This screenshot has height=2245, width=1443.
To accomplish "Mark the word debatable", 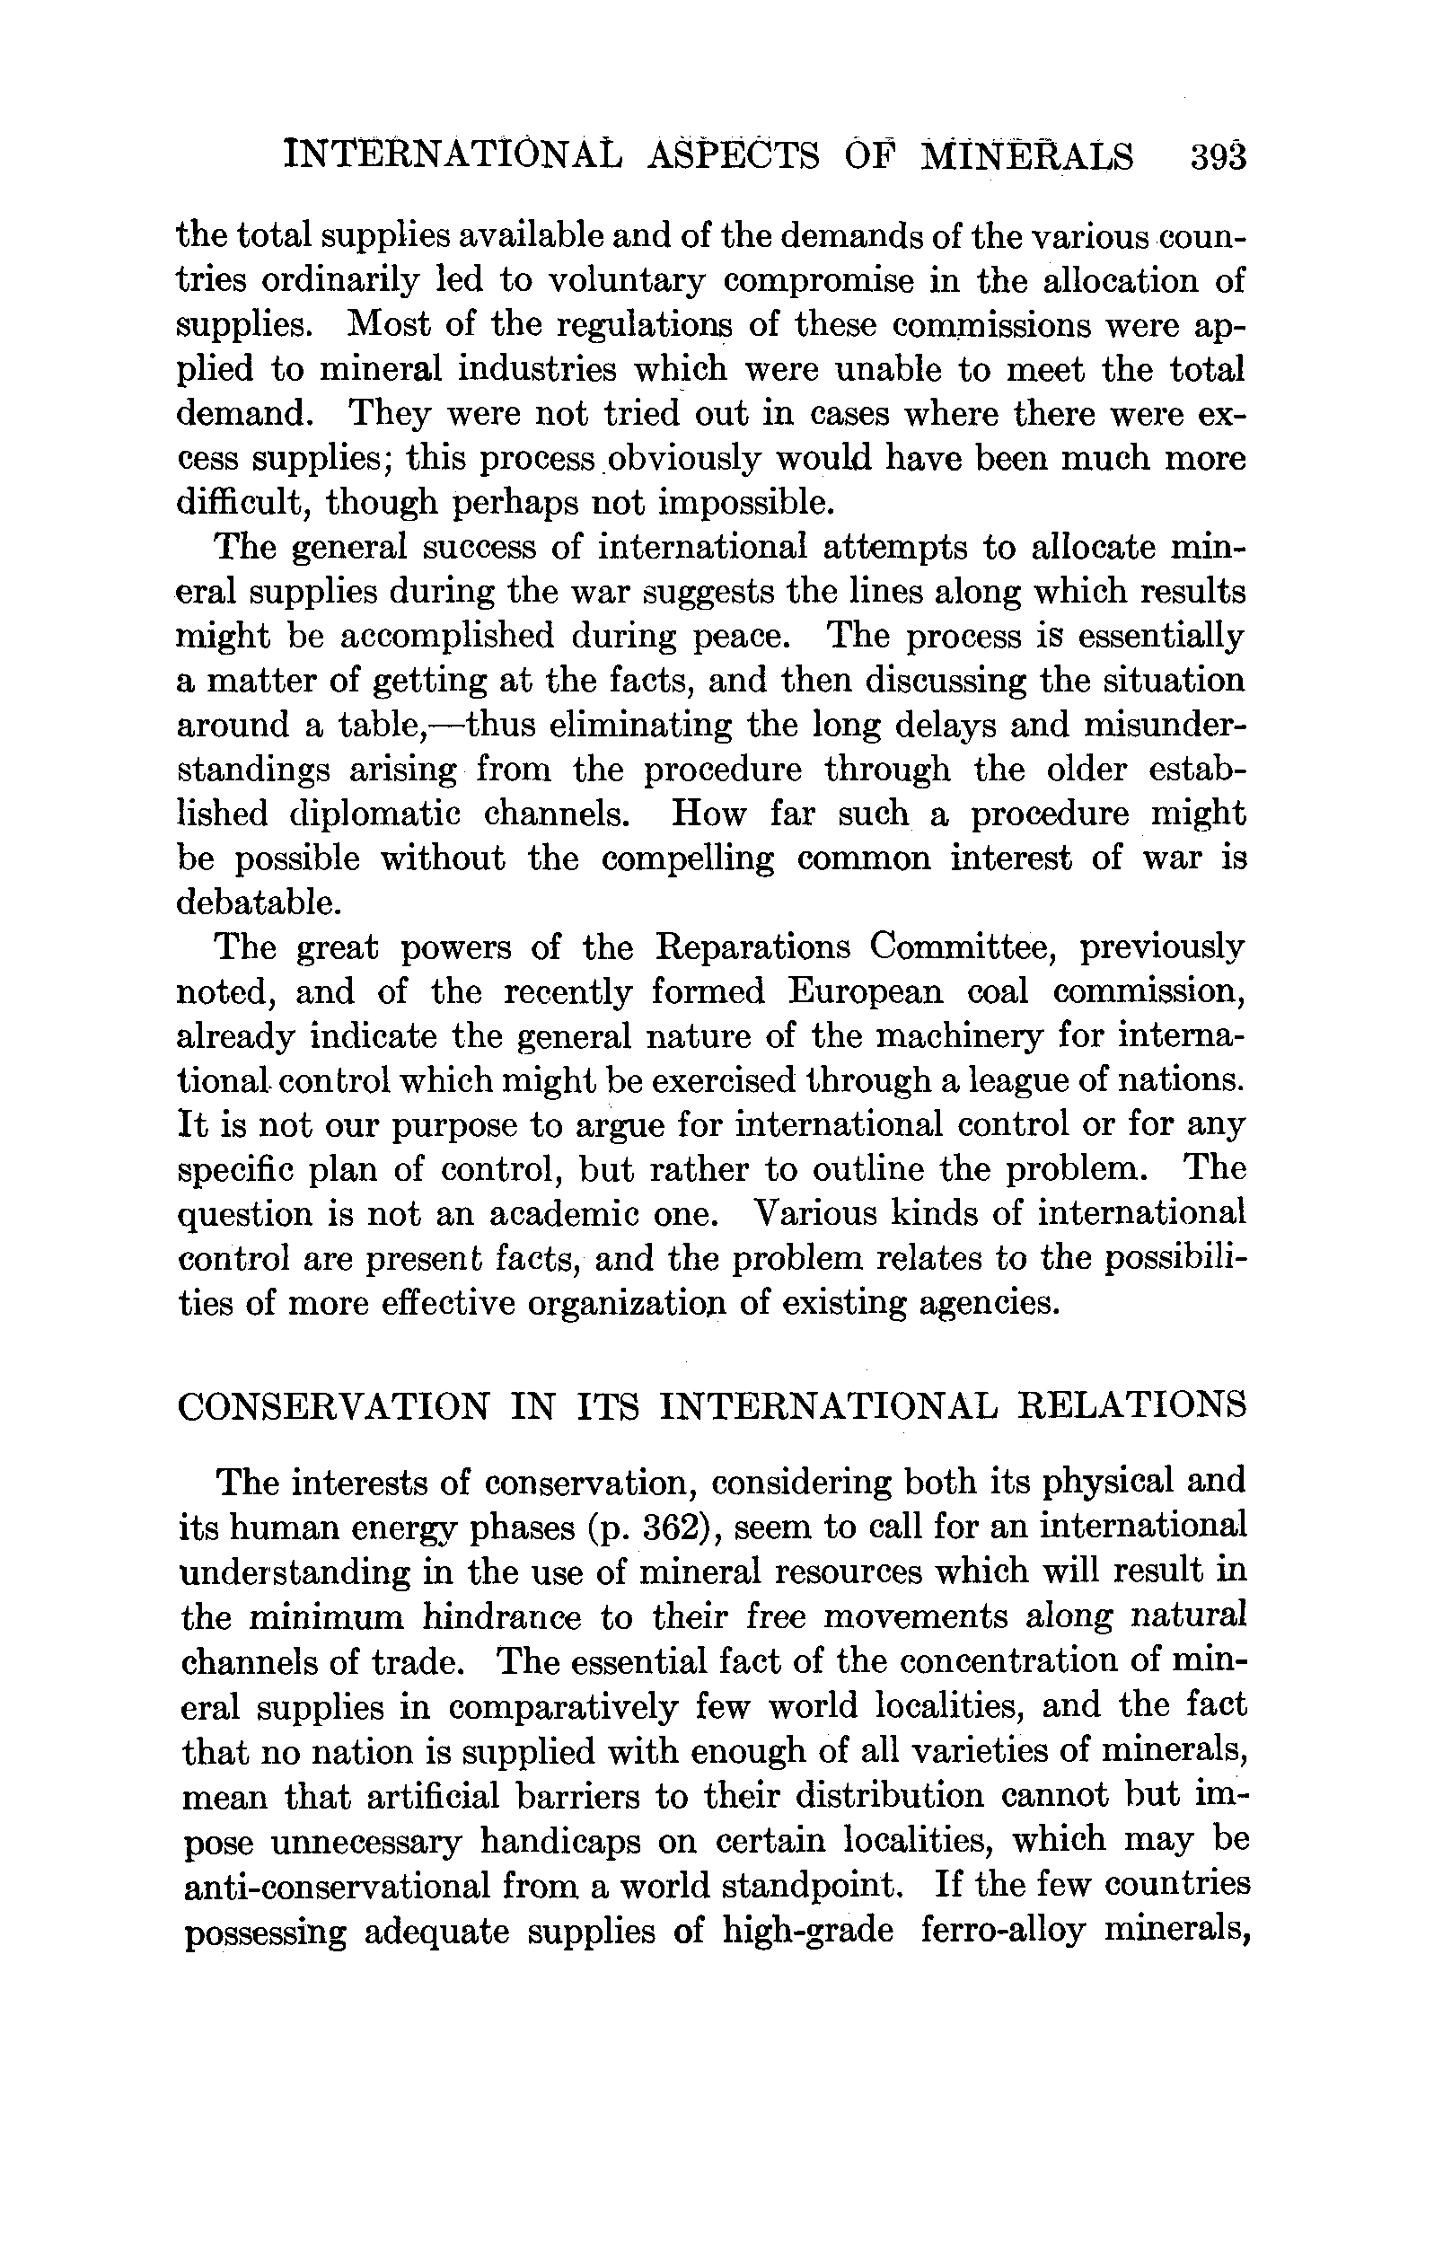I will click(258, 902).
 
